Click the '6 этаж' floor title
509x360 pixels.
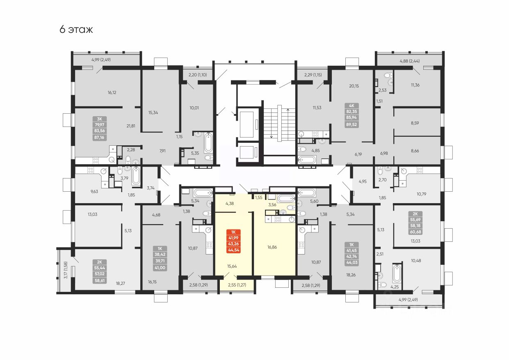click(x=76, y=30)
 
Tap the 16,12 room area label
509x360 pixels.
click(x=112, y=93)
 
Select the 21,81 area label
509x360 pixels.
click(x=131, y=126)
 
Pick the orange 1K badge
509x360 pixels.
click(x=234, y=232)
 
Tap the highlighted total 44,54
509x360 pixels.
click(x=234, y=250)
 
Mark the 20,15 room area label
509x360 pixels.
click(x=354, y=86)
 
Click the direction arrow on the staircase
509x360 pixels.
click(x=289, y=110)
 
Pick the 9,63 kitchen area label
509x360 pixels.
click(x=84, y=191)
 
